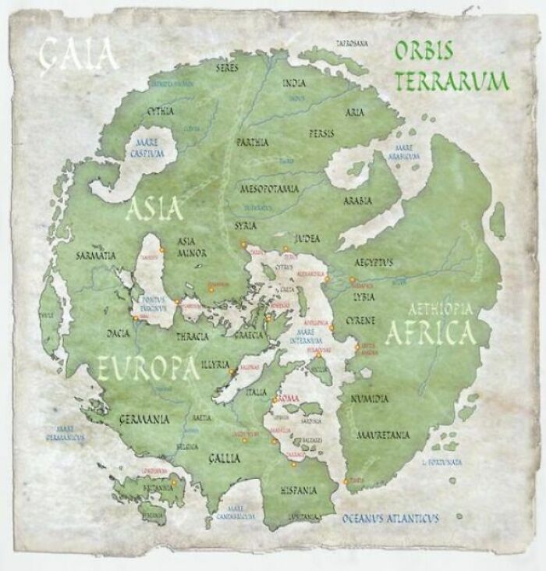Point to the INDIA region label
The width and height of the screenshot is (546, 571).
[x=294, y=83]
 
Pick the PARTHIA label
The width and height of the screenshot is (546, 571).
[x=252, y=143]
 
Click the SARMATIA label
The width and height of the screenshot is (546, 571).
[x=97, y=255]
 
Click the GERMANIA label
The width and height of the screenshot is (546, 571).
[x=144, y=420]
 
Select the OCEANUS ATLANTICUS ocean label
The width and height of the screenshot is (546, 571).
[x=390, y=518]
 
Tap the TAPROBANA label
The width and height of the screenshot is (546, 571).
[x=351, y=43]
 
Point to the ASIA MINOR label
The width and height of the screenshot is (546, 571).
[x=192, y=247]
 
